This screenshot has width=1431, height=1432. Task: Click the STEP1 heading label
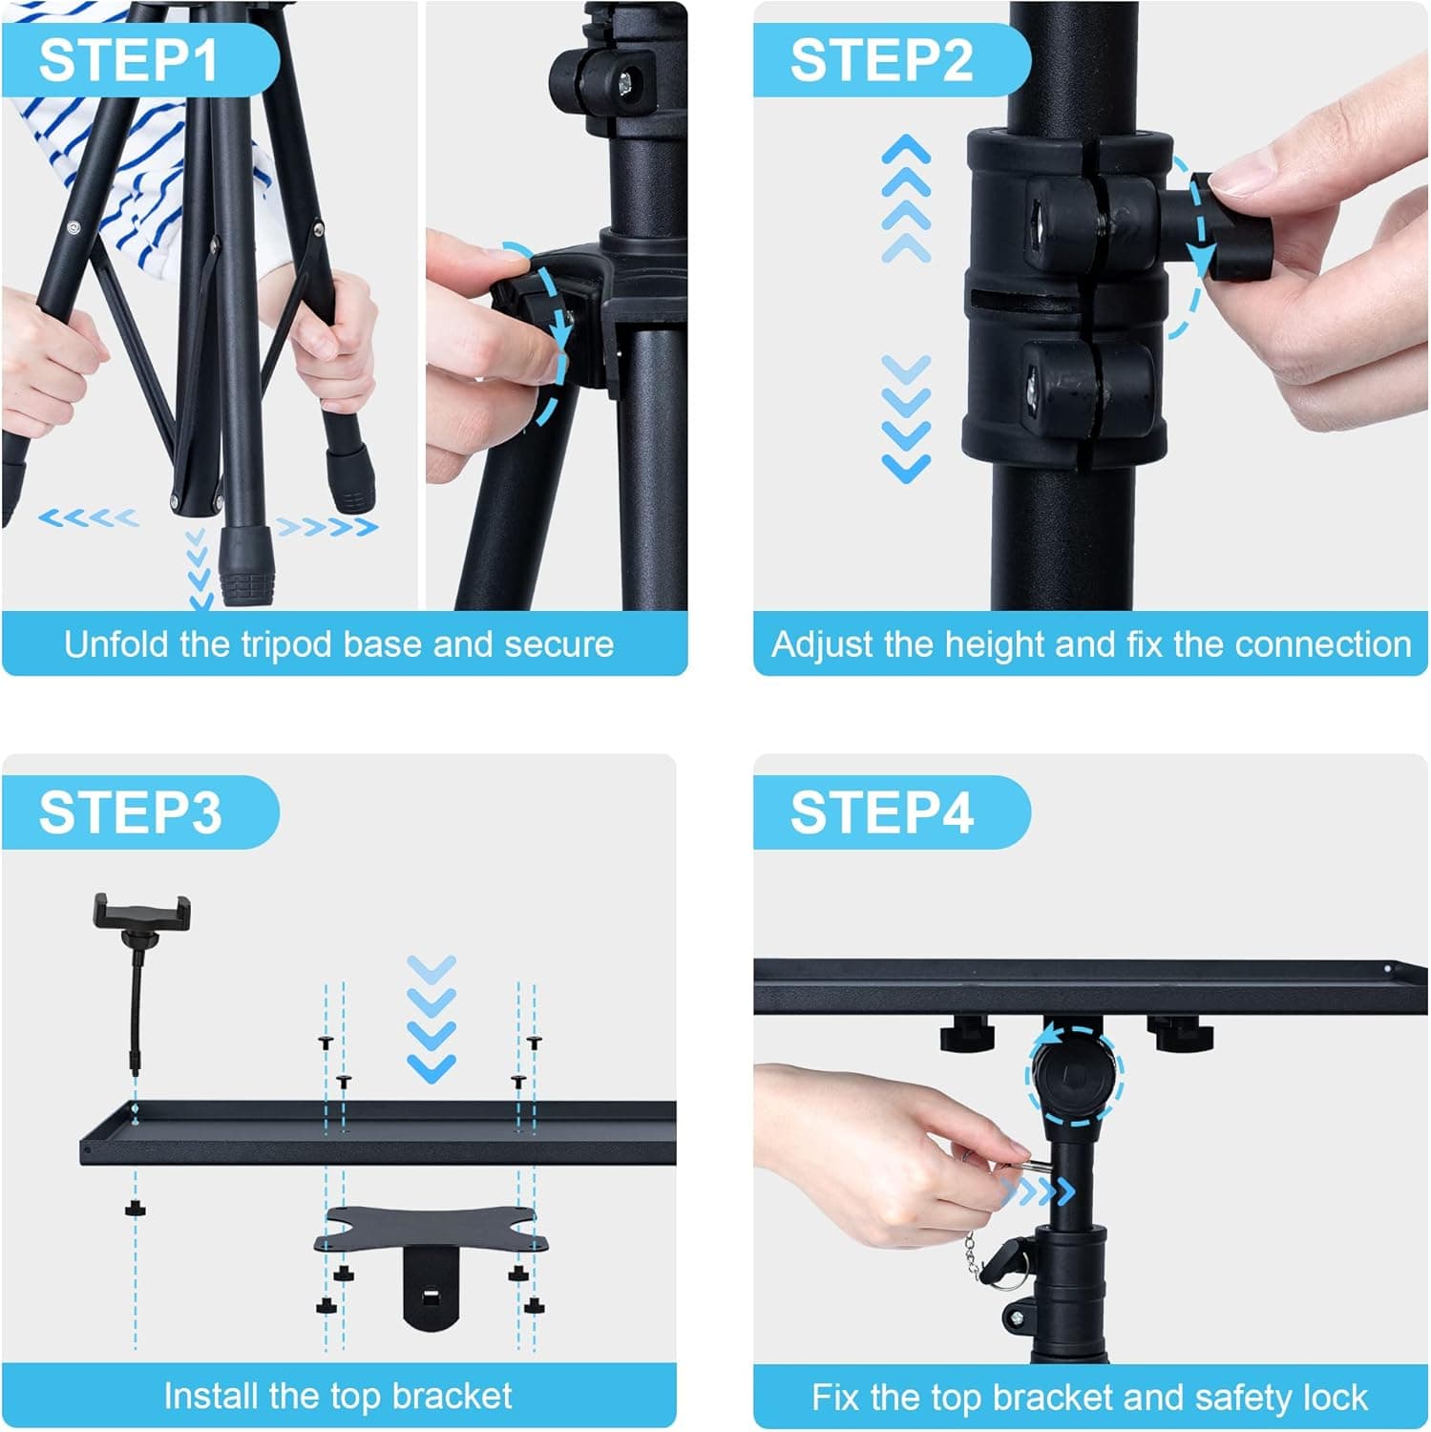point(129,60)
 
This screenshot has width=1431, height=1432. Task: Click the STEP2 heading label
point(880,60)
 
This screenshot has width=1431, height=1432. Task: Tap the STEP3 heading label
point(130,812)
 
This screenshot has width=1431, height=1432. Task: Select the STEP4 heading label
point(880,812)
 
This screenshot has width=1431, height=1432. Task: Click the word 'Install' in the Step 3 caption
point(212,1396)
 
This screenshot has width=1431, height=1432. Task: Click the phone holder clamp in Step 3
point(141,912)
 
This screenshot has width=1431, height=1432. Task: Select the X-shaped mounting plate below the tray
point(431,1232)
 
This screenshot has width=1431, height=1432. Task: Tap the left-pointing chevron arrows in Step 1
point(88,518)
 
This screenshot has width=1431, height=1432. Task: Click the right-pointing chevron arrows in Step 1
point(326,526)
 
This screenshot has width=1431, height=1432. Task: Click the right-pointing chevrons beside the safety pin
point(1038,1191)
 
